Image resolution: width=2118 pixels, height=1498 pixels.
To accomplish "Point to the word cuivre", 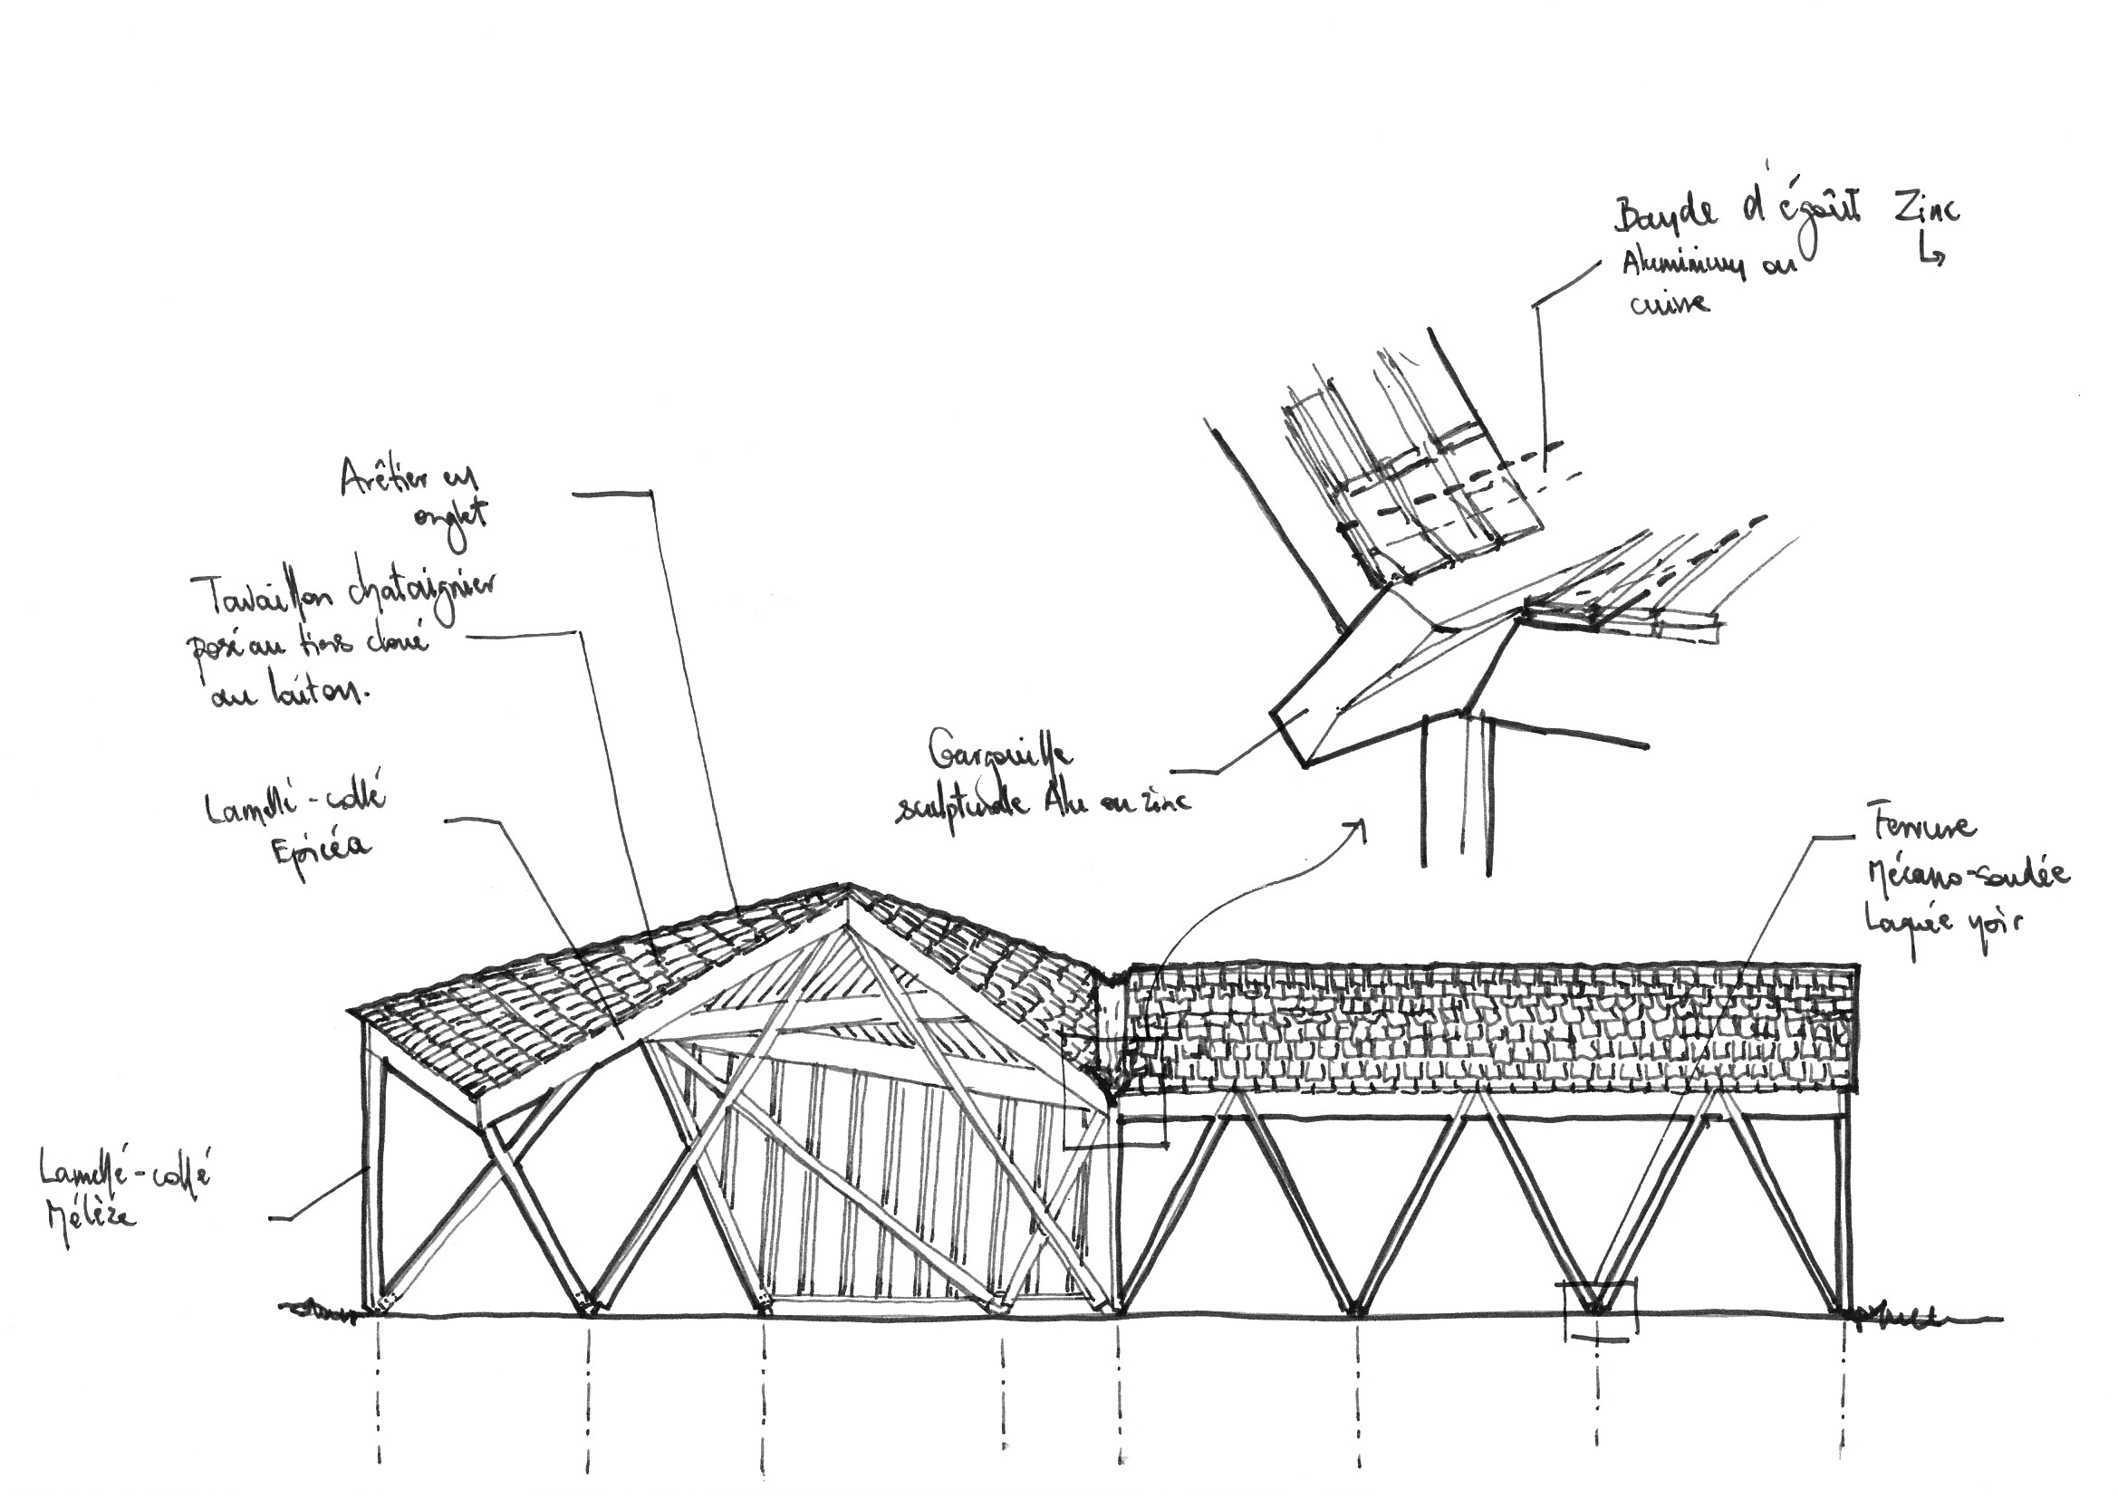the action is (x=1670, y=302).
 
